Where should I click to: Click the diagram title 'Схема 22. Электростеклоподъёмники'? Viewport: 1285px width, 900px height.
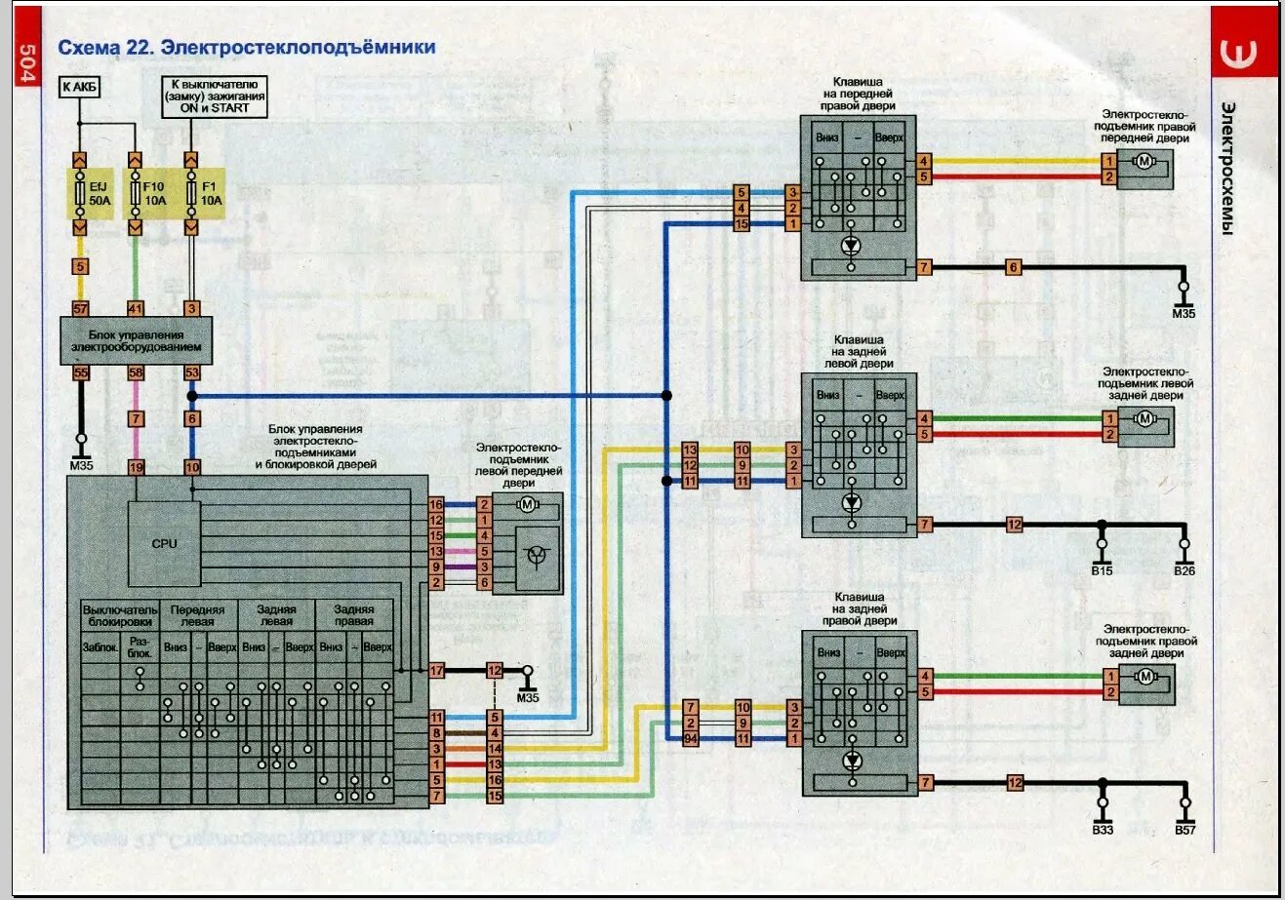click(247, 47)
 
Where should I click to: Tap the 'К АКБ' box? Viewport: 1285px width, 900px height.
click(81, 87)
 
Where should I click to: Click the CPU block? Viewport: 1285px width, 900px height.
click(164, 542)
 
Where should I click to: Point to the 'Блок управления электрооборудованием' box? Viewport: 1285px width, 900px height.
click(136, 340)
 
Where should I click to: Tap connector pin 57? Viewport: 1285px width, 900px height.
click(81, 308)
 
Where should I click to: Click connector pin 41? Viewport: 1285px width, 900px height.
click(137, 308)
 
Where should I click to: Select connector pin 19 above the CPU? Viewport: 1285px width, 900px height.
click(137, 467)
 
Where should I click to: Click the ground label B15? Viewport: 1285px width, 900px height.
click(1103, 570)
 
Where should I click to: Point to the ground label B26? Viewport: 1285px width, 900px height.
click(1185, 570)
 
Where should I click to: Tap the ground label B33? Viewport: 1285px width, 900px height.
click(1103, 829)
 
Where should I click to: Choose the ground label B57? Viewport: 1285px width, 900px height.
click(1185, 829)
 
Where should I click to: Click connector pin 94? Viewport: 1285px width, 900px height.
click(691, 738)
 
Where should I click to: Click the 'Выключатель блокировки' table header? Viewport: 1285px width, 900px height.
click(119, 614)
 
